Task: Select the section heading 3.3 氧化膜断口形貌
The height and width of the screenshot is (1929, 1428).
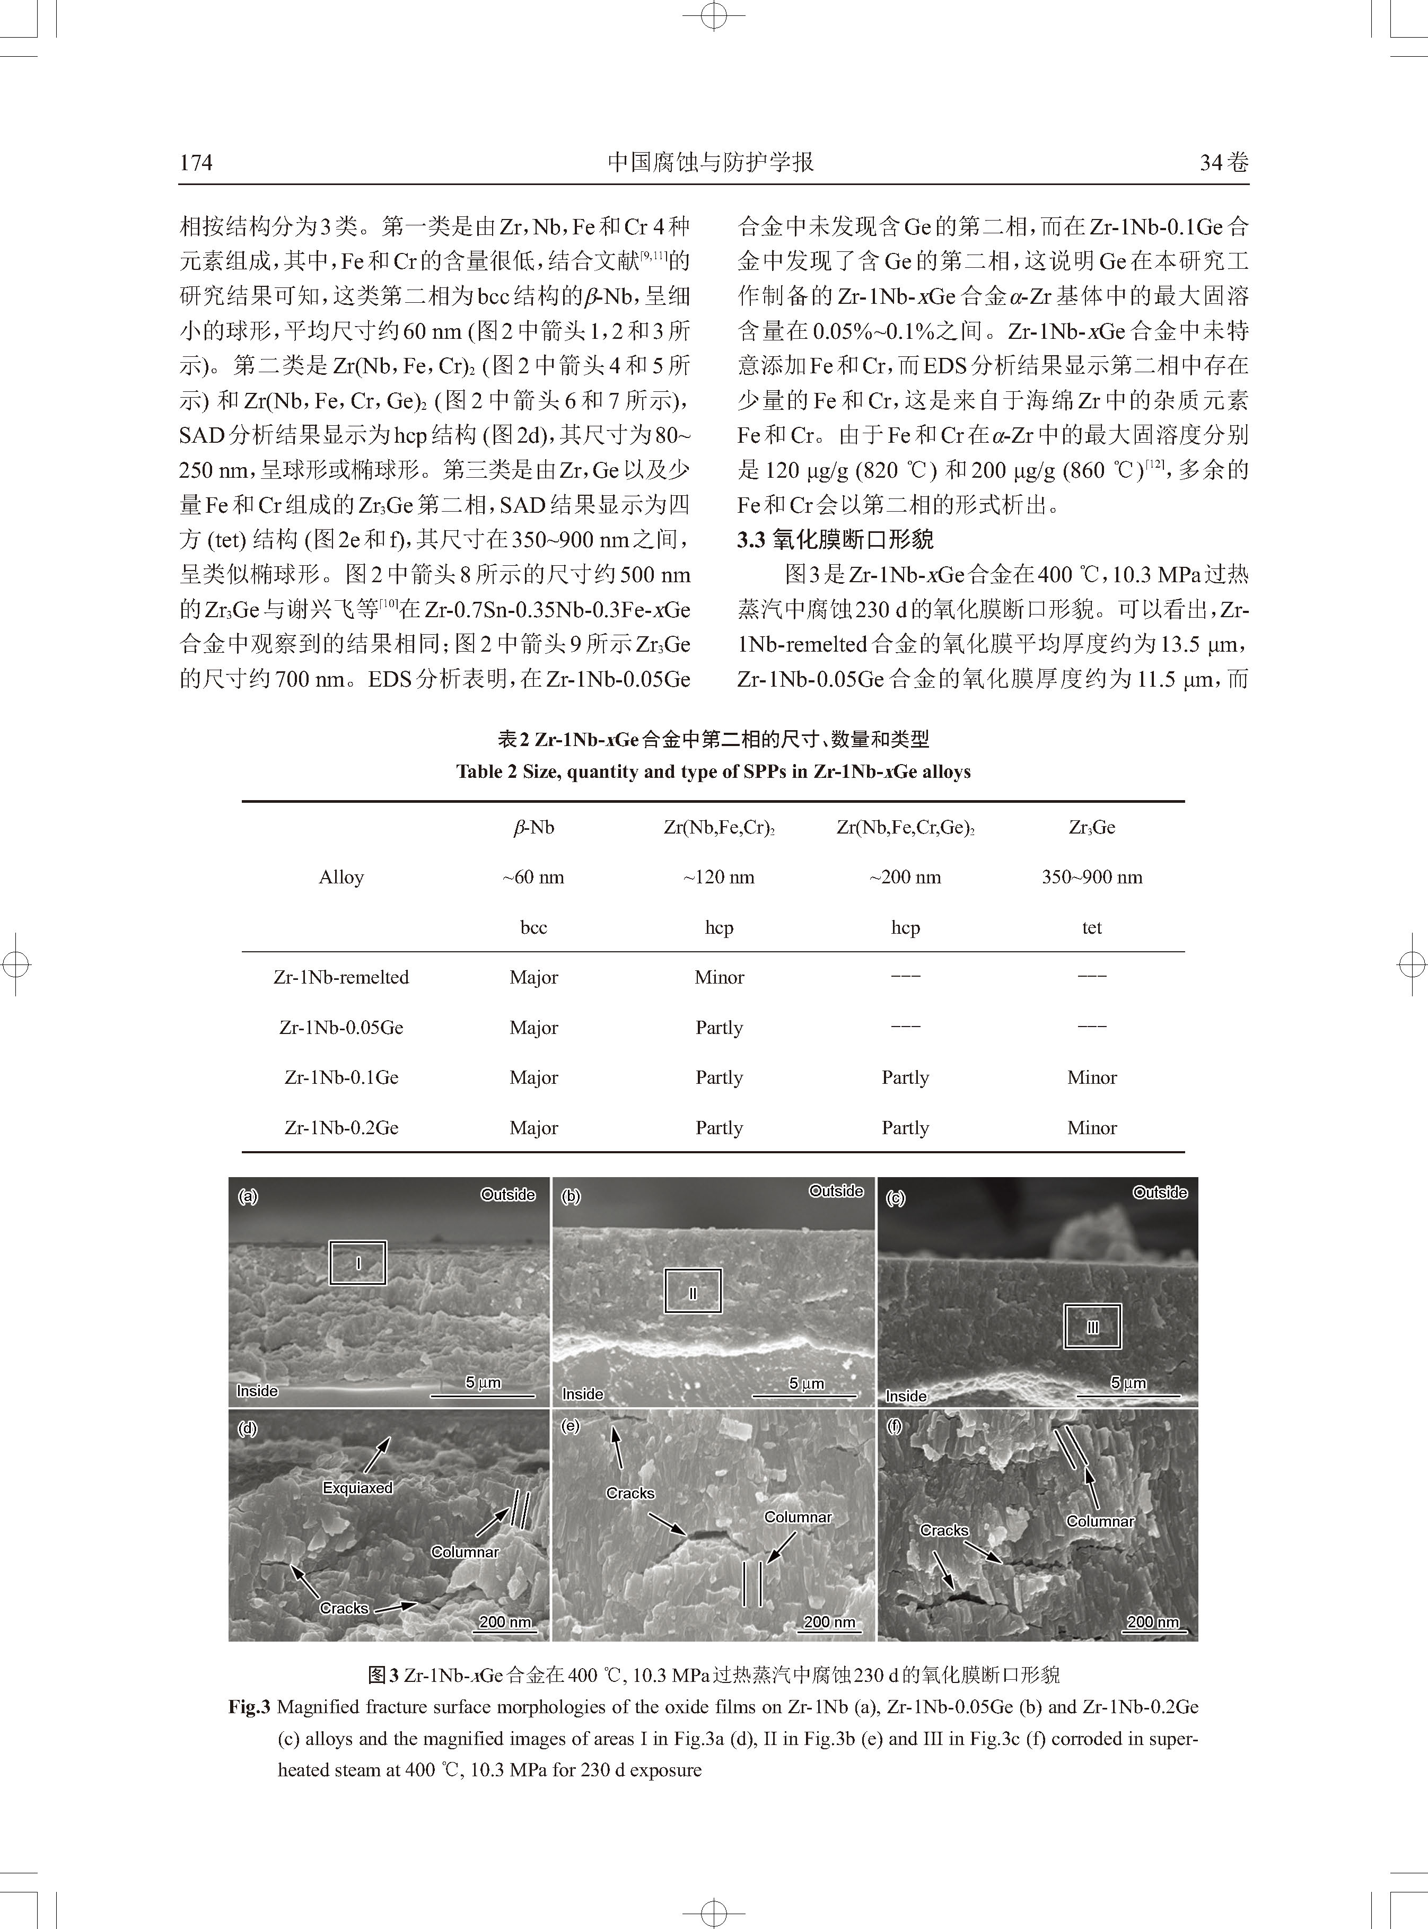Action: point(835,540)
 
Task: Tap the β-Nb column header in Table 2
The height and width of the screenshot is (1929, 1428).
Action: point(533,827)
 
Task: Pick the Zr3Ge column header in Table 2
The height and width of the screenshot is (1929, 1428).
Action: point(1092,827)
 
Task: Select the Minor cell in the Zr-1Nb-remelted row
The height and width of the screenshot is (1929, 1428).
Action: point(719,977)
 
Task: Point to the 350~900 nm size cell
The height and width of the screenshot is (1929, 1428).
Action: point(1092,877)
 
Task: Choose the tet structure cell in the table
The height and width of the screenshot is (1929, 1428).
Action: point(1092,927)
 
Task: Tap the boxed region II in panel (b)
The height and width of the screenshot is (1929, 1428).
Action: point(693,1291)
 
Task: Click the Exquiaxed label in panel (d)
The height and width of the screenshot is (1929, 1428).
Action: point(357,1487)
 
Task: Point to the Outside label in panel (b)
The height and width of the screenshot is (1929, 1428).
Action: point(836,1191)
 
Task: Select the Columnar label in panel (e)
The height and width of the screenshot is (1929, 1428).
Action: point(797,1517)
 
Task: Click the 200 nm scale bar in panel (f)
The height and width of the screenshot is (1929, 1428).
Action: point(1152,1622)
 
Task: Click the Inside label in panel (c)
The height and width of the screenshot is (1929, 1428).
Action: point(906,1396)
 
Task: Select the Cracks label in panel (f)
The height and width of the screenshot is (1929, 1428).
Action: point(944,1530)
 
